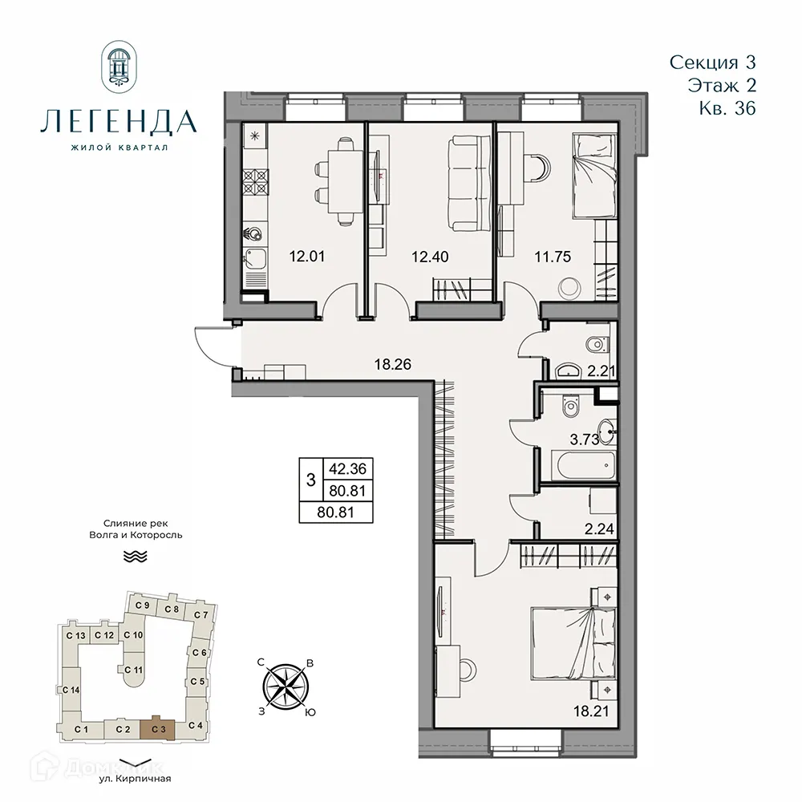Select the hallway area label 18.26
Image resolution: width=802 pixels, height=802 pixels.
coord(392,363)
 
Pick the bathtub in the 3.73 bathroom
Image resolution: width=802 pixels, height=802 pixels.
coord(582,464)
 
